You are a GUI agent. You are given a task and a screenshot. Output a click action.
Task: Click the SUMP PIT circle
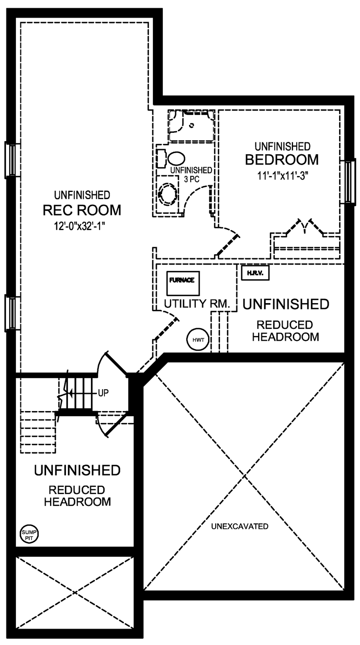29,535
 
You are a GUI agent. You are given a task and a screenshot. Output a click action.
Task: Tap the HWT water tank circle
198,339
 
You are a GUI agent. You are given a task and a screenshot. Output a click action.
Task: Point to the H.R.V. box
255,273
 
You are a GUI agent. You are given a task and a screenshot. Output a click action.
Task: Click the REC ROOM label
82,210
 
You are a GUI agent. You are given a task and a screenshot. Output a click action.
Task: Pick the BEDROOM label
282,159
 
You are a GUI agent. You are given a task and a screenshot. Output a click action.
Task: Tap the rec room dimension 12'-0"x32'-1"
82,226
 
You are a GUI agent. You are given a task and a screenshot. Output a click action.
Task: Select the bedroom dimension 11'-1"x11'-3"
282,176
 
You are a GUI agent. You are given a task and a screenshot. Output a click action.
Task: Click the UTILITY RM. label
197,303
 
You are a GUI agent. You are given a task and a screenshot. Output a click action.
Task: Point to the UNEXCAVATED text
240,526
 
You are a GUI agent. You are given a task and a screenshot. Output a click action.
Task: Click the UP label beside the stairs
103,393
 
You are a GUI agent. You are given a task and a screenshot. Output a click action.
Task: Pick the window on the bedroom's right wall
349,182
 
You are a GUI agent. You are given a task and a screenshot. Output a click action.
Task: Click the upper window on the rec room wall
11,160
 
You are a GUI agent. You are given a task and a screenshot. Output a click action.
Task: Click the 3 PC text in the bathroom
192,179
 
